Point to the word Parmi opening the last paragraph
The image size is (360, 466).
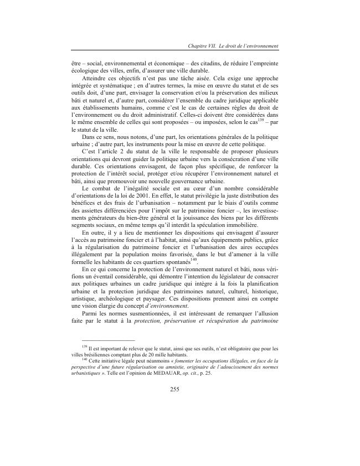(x=91, y=314)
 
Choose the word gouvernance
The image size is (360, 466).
(x=191, y=180)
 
